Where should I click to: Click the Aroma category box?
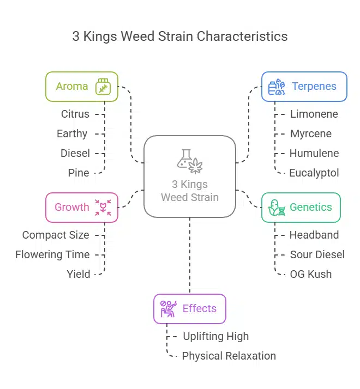tap(82, 87)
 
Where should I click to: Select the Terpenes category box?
tap(304, 87)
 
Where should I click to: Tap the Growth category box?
tap(82, 207)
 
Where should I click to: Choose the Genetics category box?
tap(301, 207)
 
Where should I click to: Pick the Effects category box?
tap(189, 309)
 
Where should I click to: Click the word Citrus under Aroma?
tap(75, 114)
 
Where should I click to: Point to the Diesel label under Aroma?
tap(75, 153)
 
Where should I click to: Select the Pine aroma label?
tap(79, 173)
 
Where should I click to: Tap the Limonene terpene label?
tap(314, 114)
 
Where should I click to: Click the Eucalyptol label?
tap(314, 173)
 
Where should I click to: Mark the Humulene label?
tap(314, 153)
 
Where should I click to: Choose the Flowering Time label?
tap(52, 254)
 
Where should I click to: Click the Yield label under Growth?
tap(79, 274)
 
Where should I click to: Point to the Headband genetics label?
tap(314, 235)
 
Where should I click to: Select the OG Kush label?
tap(311, 274)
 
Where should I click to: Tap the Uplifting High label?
tap(215, 336)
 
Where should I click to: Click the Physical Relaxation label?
tap(229, 356)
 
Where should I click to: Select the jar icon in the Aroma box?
tap(103, 87)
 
